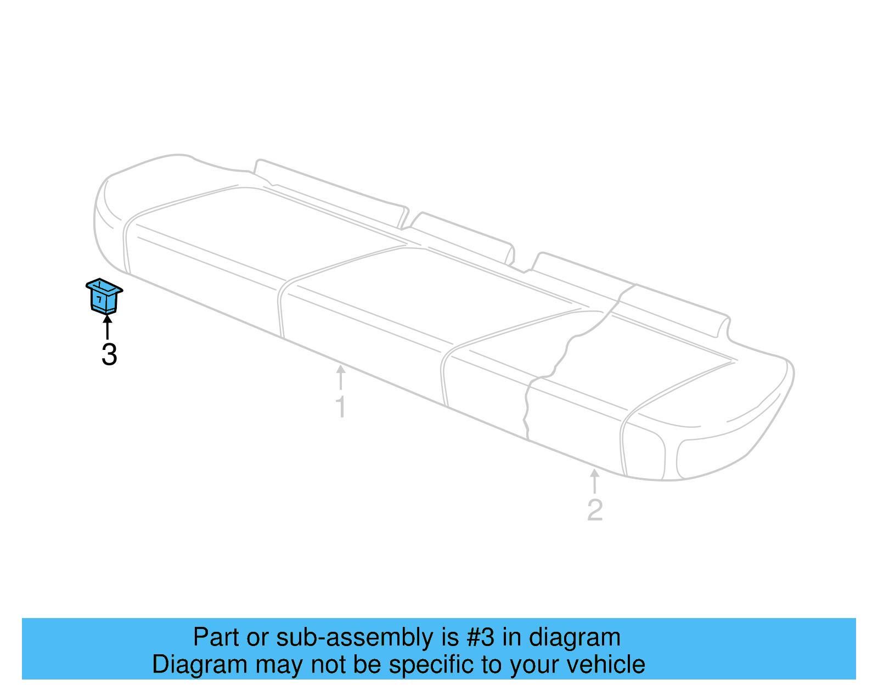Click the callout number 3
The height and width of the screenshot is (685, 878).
[109, 355]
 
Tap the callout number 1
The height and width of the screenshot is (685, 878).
[341, 407]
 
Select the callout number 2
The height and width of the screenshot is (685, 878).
[595, 510]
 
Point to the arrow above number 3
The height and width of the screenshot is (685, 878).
[108, 327]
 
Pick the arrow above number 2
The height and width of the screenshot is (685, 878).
[594, 481]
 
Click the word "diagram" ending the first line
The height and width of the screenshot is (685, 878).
[575, 637]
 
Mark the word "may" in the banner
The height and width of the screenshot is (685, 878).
[279, 665]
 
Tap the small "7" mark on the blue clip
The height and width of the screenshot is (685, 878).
[99, 300]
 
